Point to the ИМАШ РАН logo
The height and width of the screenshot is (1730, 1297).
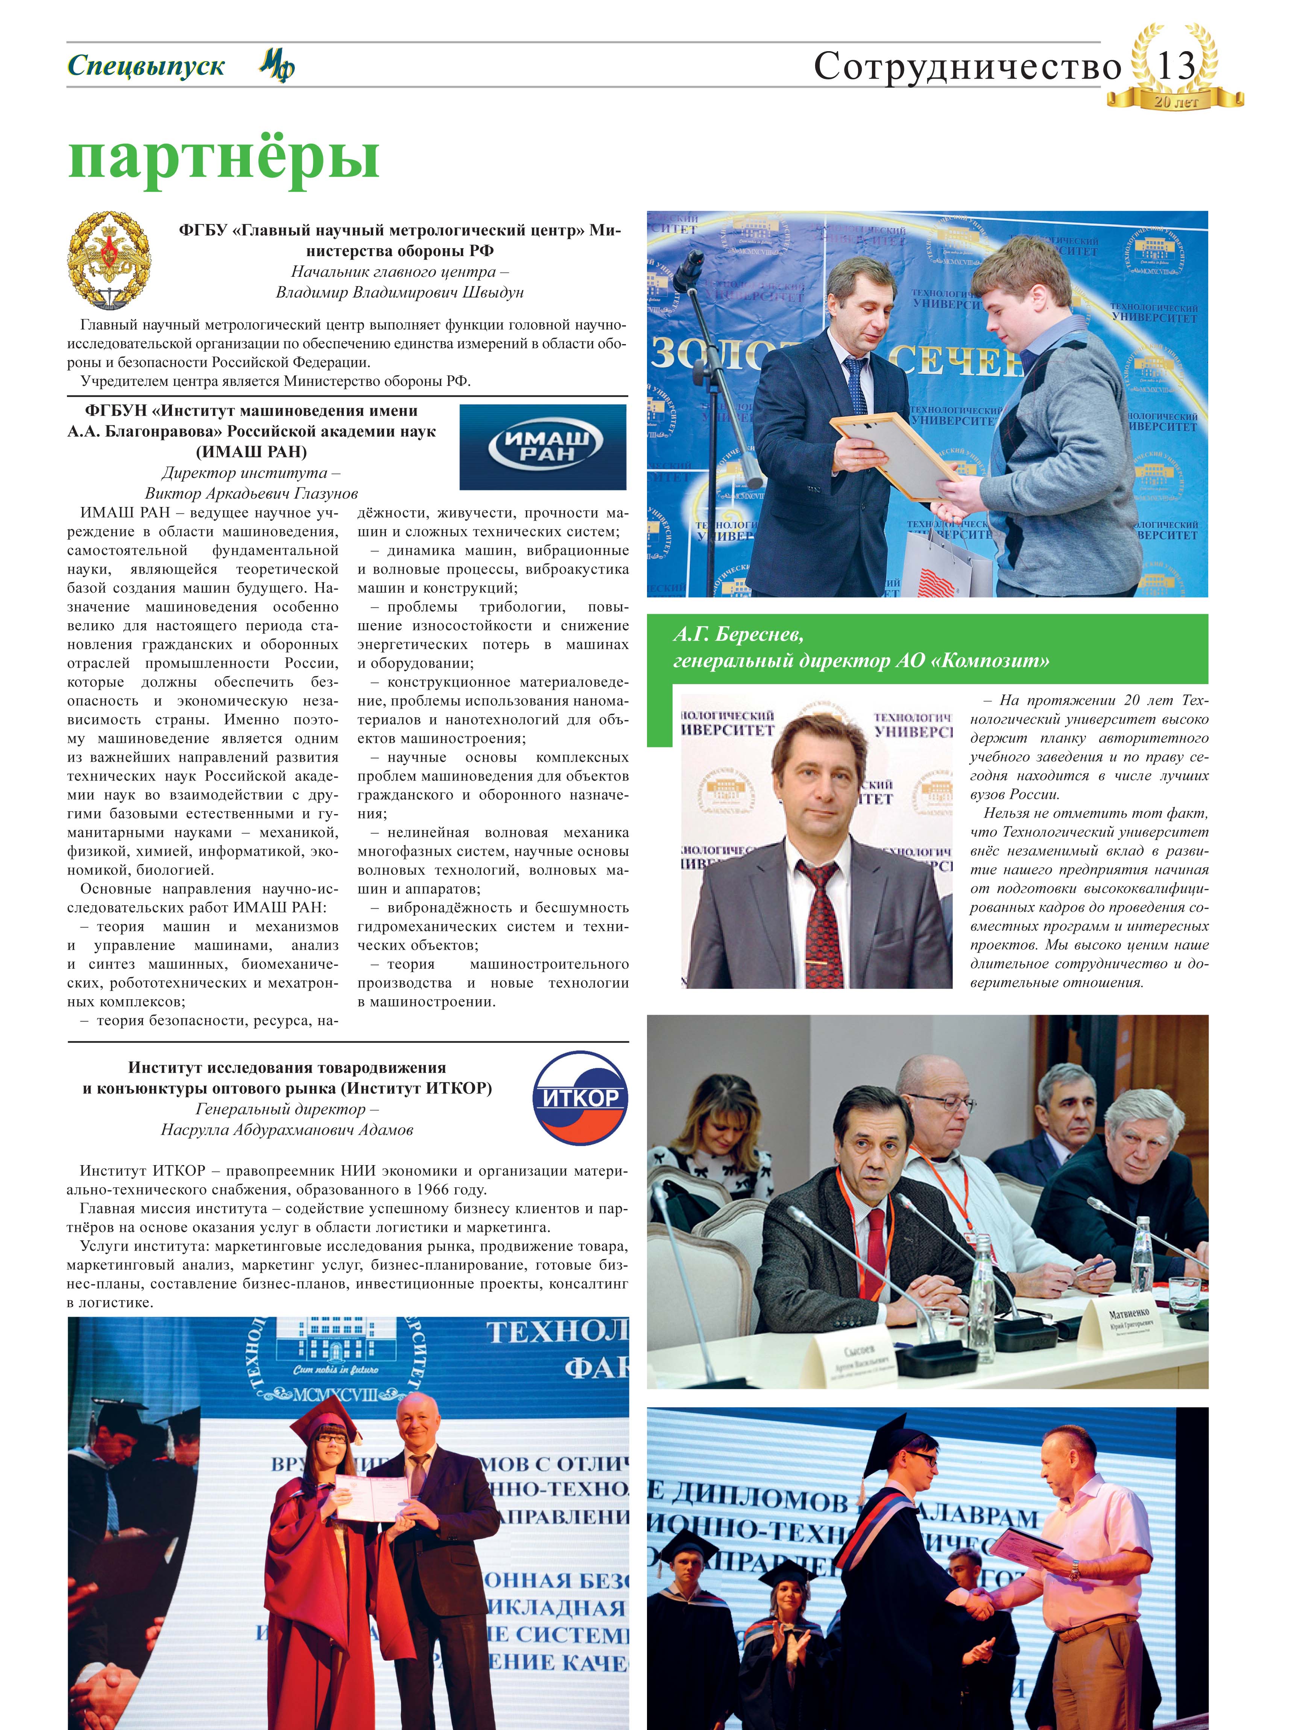click(542, 446)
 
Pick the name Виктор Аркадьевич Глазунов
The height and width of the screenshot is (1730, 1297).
click(251, 493)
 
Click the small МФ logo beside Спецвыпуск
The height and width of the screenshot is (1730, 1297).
click(277, 66)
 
